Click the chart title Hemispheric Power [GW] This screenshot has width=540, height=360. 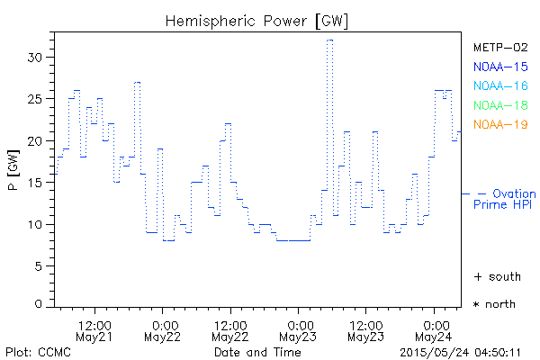(x=256, y=20)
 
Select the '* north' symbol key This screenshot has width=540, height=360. (x=494, y=304)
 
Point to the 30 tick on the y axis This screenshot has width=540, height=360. (x=36, y=57)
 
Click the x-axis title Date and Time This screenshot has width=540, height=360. (x=256, y=352)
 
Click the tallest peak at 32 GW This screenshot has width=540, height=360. (x=330, y=40)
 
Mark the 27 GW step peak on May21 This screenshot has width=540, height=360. (x=137, y=82)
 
